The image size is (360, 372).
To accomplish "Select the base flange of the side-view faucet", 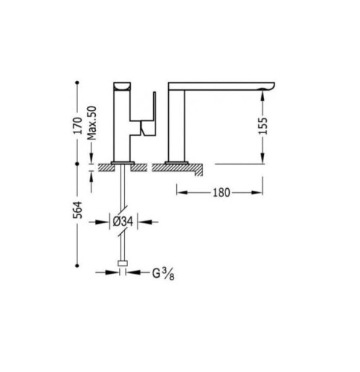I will pyautogui.click(x=176, y=161).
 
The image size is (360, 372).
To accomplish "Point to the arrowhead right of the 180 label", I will pyautogui.click(x=261, y=191).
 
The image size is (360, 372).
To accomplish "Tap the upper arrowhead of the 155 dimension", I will pyautogui.click(x=263, y=92).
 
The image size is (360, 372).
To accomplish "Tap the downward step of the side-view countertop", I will pyautogui.click(x=200, y=172).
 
